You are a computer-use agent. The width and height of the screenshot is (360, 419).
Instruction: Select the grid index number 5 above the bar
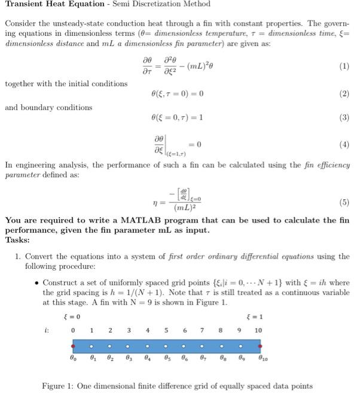coord(165,329)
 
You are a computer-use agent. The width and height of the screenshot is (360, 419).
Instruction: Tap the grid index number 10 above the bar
coord(258,329)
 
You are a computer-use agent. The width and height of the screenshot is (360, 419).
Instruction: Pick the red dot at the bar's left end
coord(73,345)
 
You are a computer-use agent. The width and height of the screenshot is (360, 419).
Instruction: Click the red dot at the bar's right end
coord(259,345)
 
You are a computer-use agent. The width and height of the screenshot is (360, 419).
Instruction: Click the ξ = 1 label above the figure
coord(254,317)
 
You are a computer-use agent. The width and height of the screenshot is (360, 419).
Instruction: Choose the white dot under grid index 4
coord(147,345)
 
